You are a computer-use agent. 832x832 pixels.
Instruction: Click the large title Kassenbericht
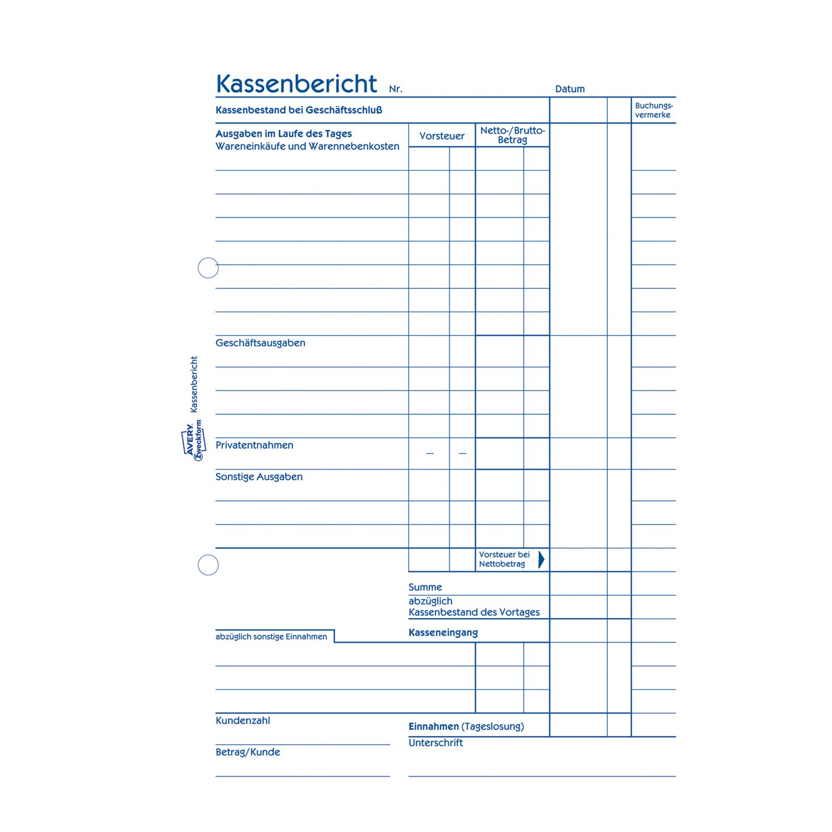pos(296,84)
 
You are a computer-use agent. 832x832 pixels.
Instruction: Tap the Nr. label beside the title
pos(395,89)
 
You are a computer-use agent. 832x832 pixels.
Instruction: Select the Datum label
pos(570,89)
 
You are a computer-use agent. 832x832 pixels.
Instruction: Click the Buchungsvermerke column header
pos(653,110)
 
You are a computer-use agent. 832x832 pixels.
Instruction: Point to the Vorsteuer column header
pos(442,136)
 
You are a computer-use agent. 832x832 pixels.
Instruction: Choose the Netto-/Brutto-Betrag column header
pos(513,135)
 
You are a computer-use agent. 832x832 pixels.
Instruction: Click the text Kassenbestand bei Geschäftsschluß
pos(298,110)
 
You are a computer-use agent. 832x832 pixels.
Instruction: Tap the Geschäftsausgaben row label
pos(260,343)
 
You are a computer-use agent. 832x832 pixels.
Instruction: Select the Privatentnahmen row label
pos(254,445)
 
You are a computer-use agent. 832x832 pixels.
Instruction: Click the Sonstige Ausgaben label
pos(259,477)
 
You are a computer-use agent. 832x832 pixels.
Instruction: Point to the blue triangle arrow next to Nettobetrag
pos(541,559)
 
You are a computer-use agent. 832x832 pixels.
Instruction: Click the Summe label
pos(425,587)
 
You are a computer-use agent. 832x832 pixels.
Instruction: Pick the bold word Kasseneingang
pos(443,632)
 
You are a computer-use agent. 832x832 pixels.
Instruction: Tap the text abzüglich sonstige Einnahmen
pos(271,637)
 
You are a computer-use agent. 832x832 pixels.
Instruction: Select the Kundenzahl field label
pos(242,721)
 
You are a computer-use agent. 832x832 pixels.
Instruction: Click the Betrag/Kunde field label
pos(247,752)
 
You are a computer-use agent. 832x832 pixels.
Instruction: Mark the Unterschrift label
pos(435,743)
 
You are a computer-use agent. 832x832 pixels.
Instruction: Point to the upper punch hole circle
pos(208,268)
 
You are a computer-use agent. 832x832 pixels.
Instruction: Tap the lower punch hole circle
pos(208,565)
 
